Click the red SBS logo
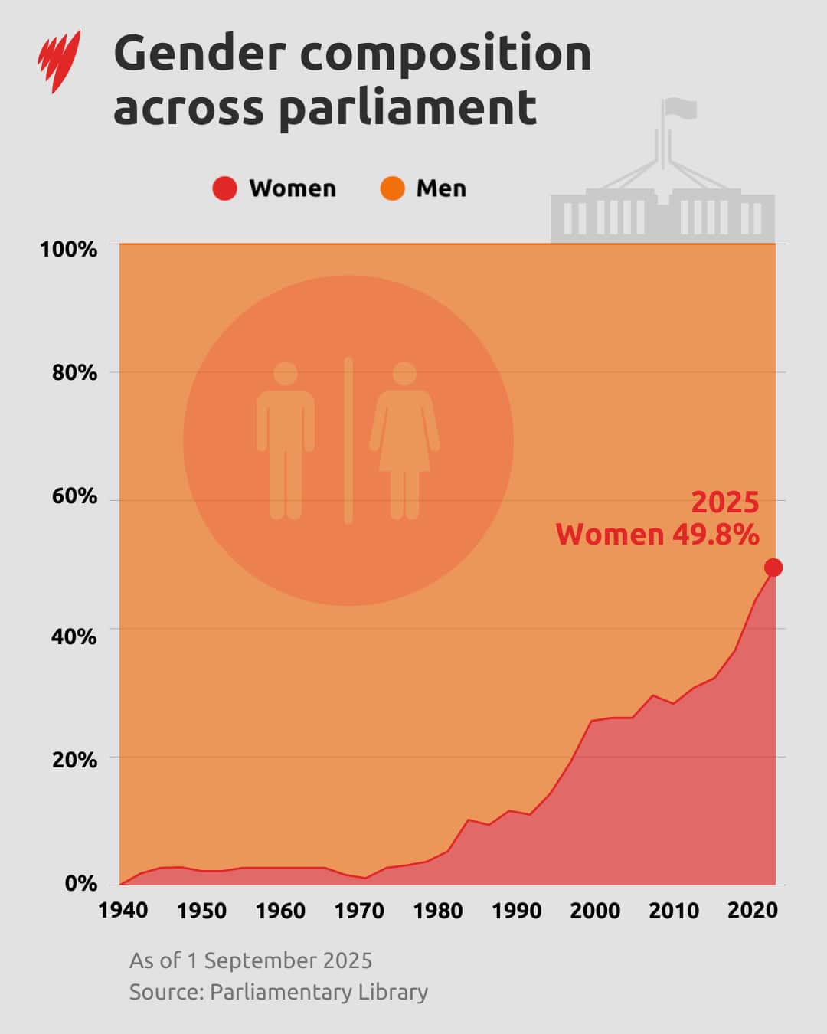point(59,61)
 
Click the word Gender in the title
point(200,54)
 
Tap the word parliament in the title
point(407,107)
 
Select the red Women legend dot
point(224,188)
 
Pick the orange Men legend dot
point(392,188)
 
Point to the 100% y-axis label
point(69,249)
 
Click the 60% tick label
point(74,496)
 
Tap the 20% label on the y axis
point(74,760)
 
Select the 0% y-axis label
point(80,883)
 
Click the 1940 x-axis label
point(123,911)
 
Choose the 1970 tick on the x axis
point(359,911)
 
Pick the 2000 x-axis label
point(595,911)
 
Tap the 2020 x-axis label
point(752,911)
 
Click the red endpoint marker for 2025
point(773,568)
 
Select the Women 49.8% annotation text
point(657,535)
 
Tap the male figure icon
point(286,440)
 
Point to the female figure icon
point(404,440)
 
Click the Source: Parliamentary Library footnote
point(278,992)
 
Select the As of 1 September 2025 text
point(250,960)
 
